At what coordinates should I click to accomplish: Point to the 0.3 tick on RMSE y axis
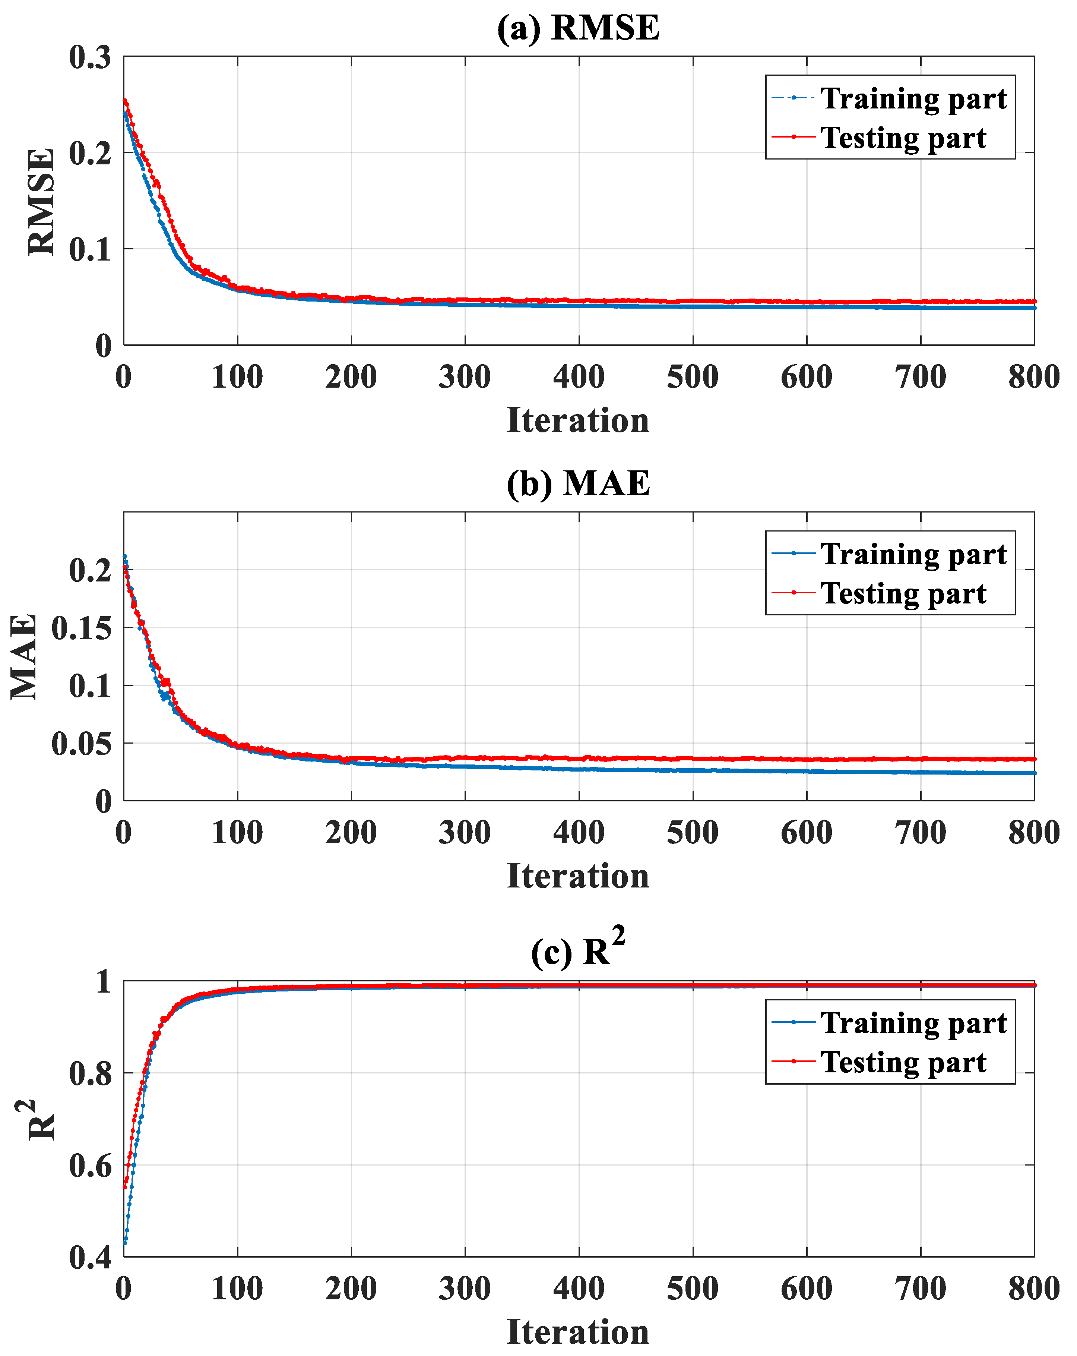[90, 57]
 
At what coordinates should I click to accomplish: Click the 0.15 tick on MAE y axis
[81, 628]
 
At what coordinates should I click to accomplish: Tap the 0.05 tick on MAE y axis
[81, 743]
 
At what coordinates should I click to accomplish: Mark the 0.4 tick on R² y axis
[90, 1258]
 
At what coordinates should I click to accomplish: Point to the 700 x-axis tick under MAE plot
[921, 833]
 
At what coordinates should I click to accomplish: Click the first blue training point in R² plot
[125, 1243]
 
